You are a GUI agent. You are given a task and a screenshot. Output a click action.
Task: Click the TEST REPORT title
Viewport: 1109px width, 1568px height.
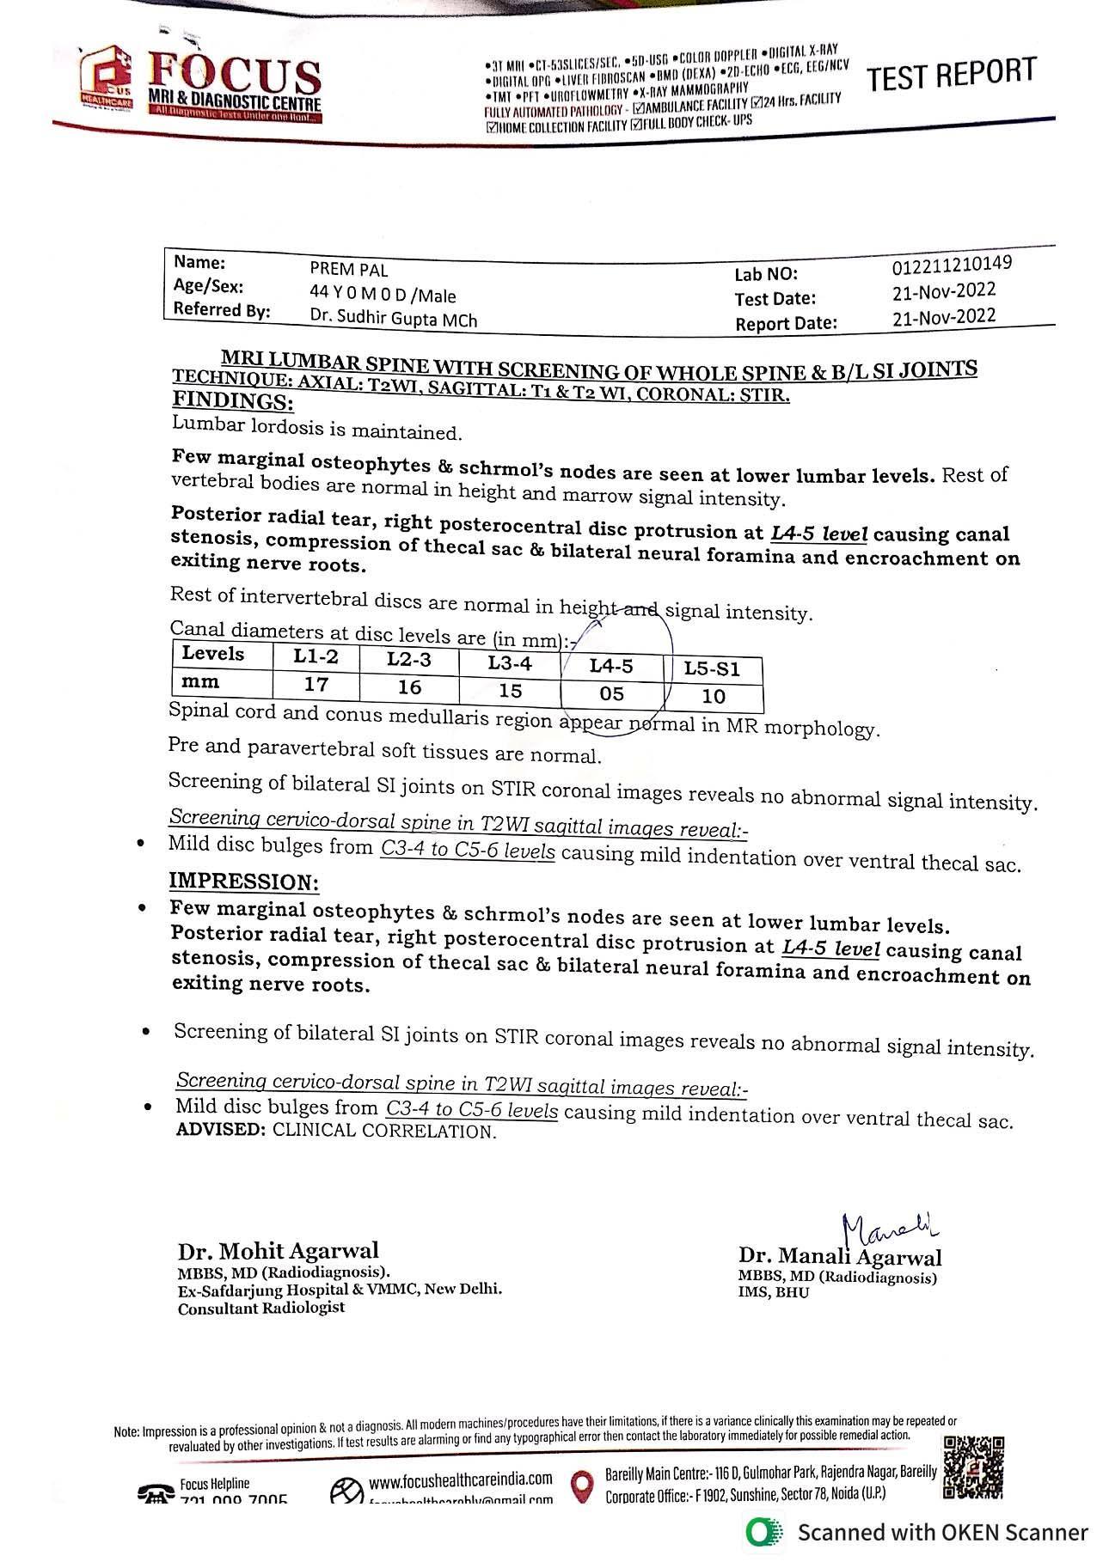pyautogui.click(x=951, y=75)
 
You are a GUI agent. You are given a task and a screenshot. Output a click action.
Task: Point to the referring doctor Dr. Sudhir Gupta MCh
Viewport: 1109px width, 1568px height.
pyautogui.click(x=393, y=319)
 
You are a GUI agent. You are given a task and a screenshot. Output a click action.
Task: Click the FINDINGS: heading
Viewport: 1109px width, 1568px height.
pyautogui.click(x=233, y=401)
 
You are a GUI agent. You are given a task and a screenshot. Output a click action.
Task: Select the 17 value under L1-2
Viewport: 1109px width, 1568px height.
pyautogui.click(x=316, y=685)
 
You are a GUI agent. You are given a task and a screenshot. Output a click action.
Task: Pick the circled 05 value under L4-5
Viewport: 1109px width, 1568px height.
pyautogui.click(x=611, y=693)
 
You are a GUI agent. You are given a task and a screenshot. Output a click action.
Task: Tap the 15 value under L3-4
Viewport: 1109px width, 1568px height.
pyautogui.click(x=510, y=690)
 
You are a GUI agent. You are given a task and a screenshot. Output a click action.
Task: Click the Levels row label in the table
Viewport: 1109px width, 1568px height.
pyautogui.click(x=213, y=654)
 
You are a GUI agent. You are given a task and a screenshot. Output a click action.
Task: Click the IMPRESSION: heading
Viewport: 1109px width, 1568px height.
pyautogui.click(x=243, y=882)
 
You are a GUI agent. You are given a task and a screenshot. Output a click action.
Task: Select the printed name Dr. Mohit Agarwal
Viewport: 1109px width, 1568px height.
pyautogui.click(x=278, y=1251)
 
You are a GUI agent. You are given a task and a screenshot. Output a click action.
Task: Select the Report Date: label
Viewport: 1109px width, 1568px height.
pyautogui.click(x=785, y=324)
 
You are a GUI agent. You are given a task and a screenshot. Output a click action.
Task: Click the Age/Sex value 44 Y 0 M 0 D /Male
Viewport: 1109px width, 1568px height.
pyautogui.click(x=383, y=295)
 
